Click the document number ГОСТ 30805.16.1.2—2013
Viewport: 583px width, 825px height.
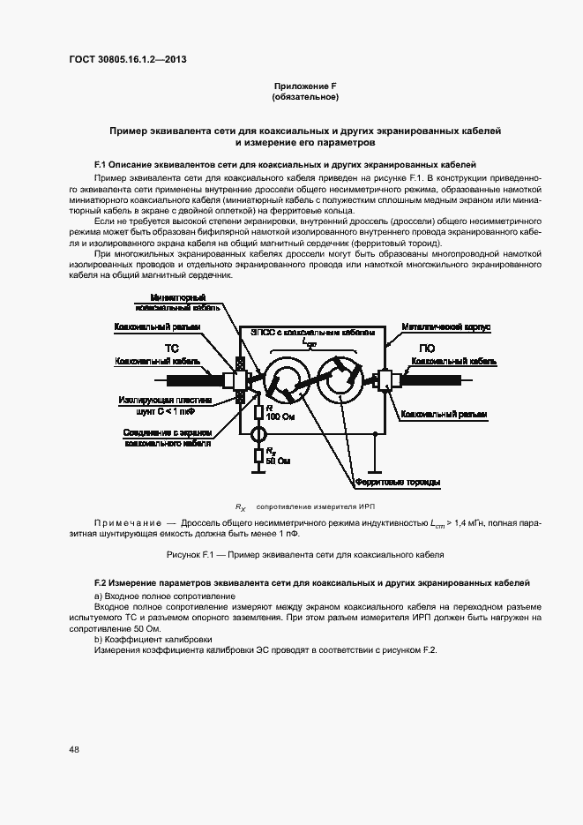point(128,60)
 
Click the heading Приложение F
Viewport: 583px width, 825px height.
point(305,86)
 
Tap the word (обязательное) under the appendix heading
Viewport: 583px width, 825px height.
point(305,96)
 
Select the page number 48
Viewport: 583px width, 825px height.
point(74,749)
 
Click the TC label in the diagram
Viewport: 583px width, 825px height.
point(171,349)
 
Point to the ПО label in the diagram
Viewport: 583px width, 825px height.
point(425,349)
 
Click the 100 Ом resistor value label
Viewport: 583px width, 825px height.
point(278,416)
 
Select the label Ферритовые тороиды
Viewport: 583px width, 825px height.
point(397,482)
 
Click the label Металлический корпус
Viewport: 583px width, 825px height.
point(445,327)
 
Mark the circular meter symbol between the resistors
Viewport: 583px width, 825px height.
point(258,435)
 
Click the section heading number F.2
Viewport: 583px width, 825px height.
point(100,584)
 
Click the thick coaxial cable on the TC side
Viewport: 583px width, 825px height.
point(190,379)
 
